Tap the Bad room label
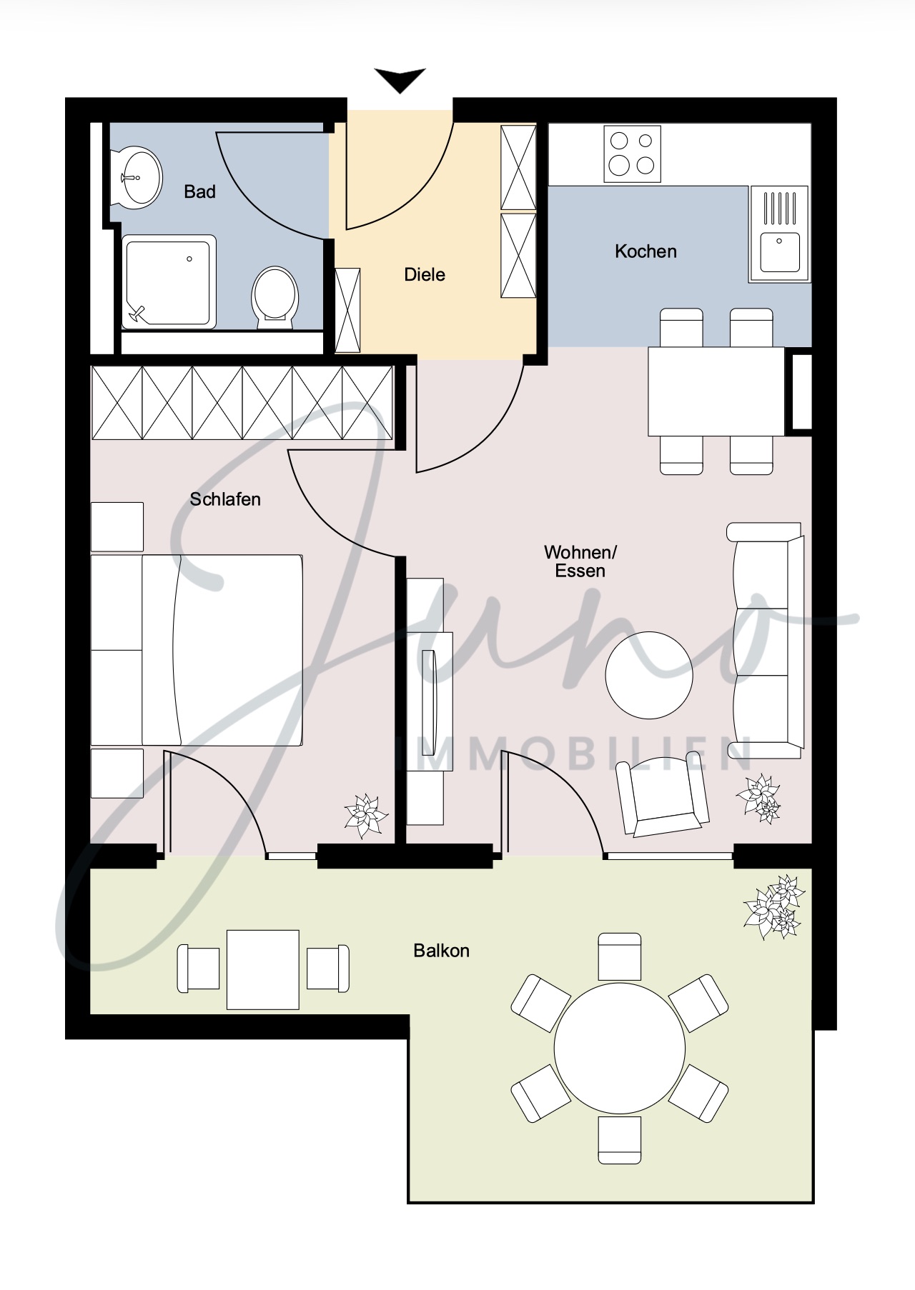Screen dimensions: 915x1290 pos(199,191)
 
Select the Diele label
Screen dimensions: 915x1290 pos(425,274)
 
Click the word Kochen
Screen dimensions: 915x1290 pos(646,251)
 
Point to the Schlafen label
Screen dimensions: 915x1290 pos(225,499)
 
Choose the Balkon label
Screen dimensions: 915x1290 pos(442,951)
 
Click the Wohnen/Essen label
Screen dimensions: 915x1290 pos(580,561)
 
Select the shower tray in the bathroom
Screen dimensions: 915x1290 pos(169,281)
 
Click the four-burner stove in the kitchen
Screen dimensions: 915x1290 pos(633,154)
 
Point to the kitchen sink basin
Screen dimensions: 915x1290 pos(779,252)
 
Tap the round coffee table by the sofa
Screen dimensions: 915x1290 pos(649,675)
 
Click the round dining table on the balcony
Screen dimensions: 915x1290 pos(620,1048)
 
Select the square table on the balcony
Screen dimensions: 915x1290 pos(263,969)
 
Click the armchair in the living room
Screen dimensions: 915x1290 pos(663,798)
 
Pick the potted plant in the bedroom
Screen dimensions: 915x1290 pos(367,816)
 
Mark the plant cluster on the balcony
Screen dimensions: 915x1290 pos(775,906)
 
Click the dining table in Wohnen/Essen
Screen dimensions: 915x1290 pos(716,391)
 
